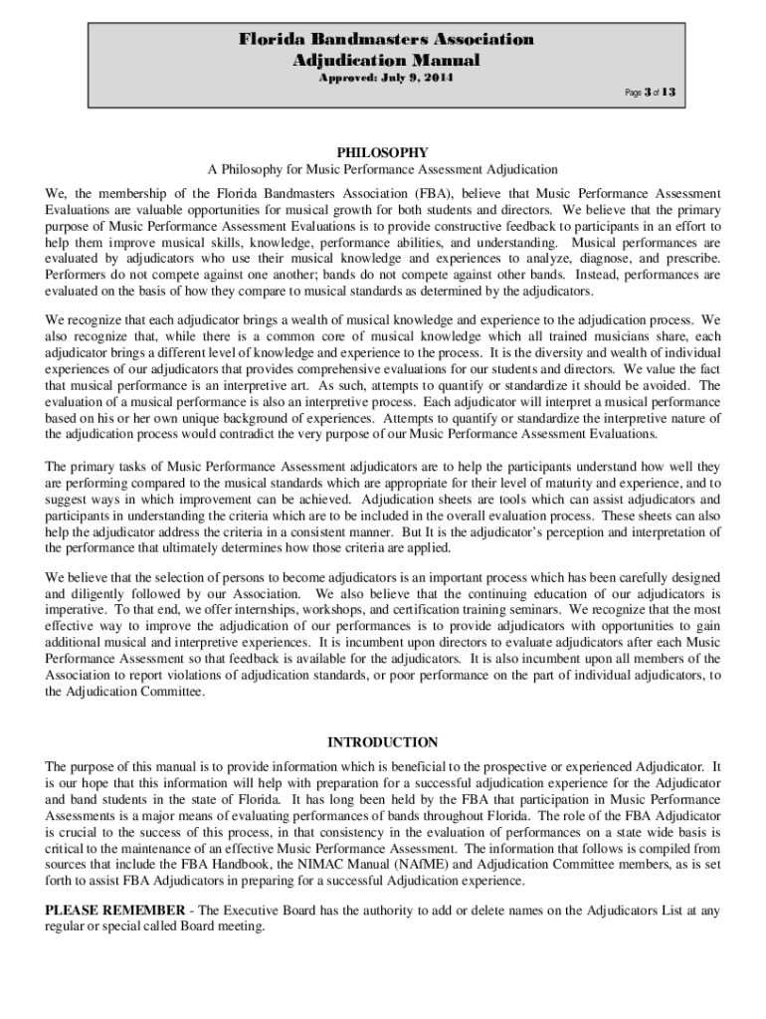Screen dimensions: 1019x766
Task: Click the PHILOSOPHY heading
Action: point(383,152)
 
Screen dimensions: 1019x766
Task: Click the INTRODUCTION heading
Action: point(383,742)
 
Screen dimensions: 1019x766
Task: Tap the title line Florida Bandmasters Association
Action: point(385,40)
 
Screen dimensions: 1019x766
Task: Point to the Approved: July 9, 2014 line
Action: point(385,79)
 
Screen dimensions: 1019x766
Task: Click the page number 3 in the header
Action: point(647,93)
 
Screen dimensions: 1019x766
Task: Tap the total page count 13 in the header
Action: point(670,93)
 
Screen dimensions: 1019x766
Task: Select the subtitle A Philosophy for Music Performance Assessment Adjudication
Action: point(383,170)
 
